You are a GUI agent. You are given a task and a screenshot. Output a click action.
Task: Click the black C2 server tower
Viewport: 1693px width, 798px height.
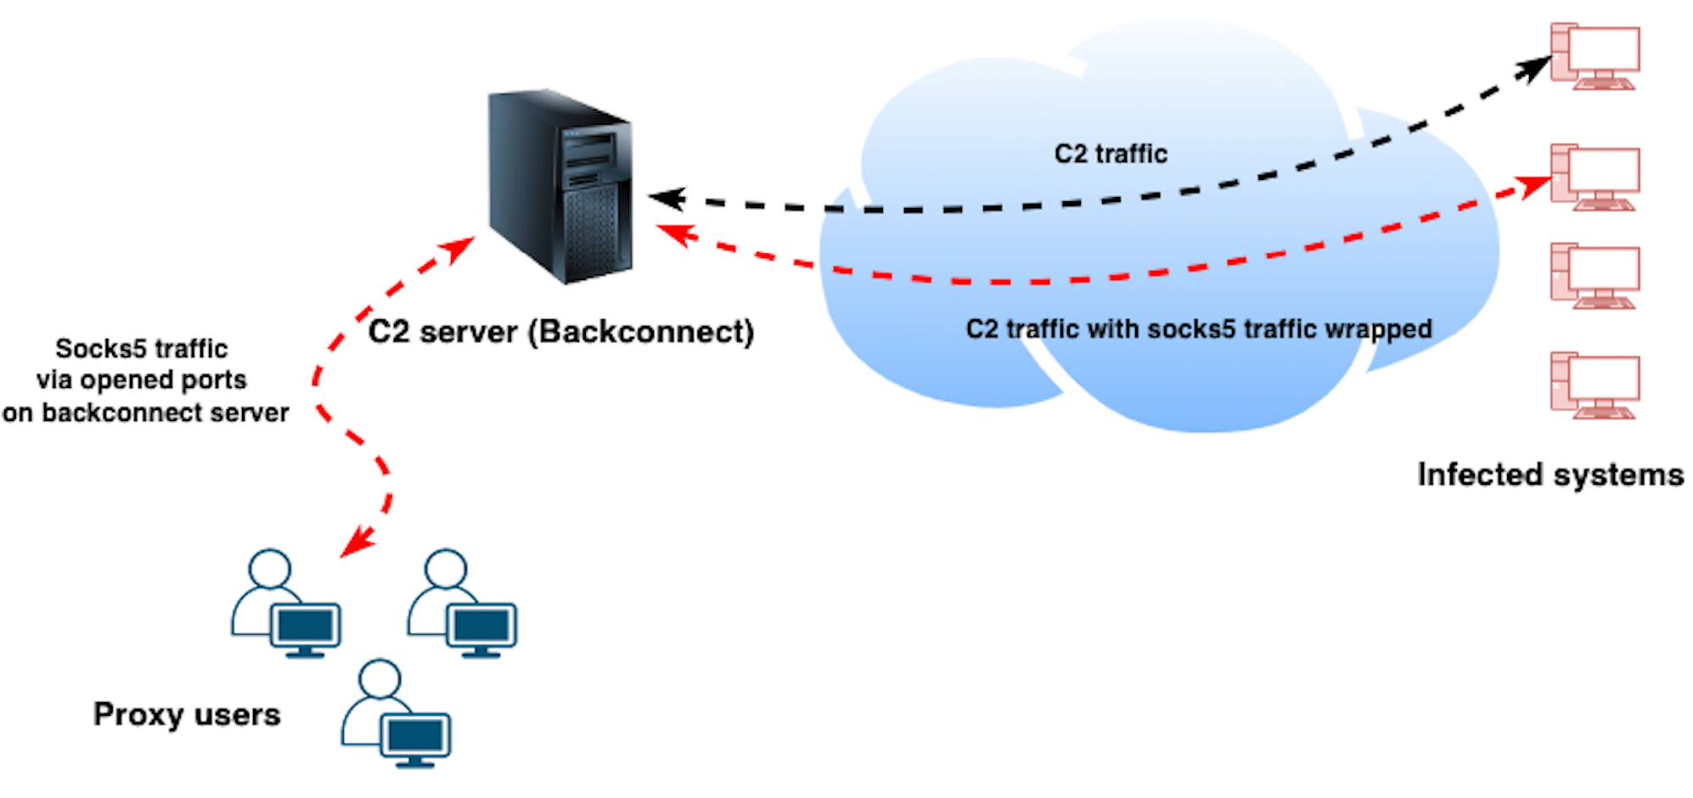click(560, 187)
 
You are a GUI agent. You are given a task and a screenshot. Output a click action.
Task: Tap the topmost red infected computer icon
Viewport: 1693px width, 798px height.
click(1595, 56)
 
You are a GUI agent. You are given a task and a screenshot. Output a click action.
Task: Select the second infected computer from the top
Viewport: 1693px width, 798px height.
click(1595, 177)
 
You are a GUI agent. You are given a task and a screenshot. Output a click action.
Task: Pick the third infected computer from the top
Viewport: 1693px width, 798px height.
click(1595, 275)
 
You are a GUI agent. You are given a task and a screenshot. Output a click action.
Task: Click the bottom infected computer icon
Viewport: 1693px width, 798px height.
click(1595, 385)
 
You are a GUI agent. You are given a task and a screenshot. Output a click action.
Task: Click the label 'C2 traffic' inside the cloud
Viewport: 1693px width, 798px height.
click(1111, 154)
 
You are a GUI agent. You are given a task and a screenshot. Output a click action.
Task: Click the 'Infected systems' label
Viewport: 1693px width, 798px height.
click(1550, 474)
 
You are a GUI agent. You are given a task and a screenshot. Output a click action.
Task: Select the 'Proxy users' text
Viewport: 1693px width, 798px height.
click(187, 714)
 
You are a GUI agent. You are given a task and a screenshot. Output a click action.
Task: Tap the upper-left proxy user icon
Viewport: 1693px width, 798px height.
click(285, 604)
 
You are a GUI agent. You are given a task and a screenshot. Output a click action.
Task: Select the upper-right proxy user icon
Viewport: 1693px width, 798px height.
click(461, 604)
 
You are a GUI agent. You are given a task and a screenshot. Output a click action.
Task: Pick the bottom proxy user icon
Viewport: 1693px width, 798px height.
click(396, 714)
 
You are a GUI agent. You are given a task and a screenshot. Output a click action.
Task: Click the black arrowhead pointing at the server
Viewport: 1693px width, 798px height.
click(667, 199)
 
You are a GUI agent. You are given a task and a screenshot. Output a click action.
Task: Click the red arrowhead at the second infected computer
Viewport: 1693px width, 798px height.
click(1535, 185)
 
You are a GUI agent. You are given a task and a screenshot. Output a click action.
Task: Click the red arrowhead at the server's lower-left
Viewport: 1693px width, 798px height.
click(458, 249)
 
